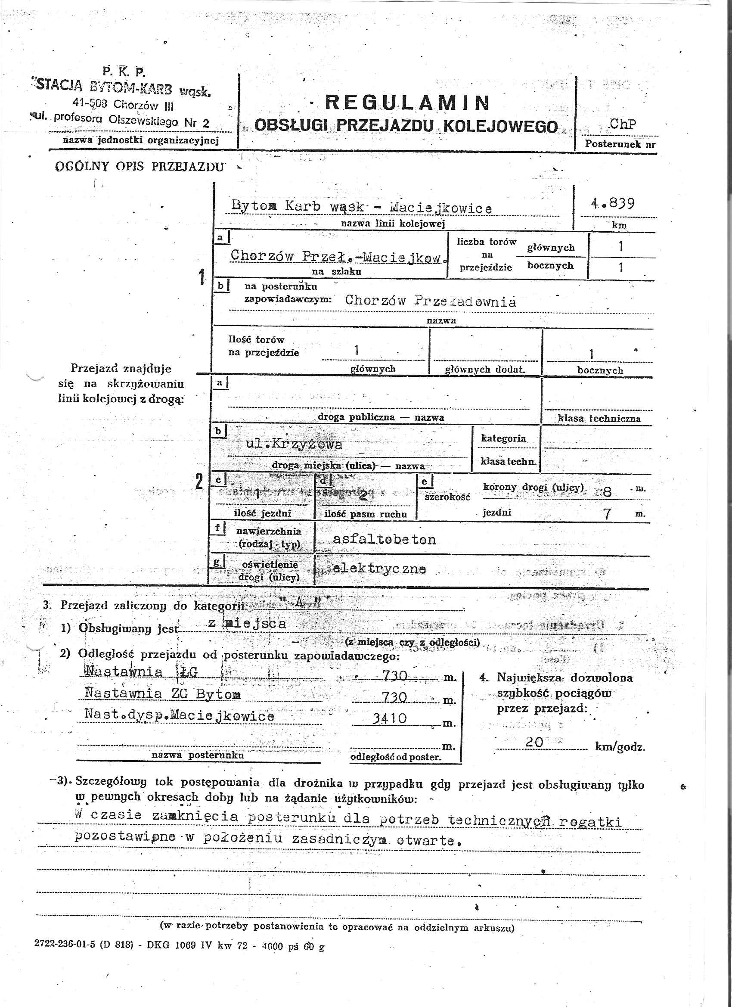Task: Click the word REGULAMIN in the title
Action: coord(407,103)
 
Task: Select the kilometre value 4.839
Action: coord(612,204)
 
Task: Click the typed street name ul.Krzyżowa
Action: coord(294,444)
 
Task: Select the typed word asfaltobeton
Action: coord(384,539)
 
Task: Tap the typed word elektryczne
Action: coord(378,569)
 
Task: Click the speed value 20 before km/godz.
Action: coord(534,742)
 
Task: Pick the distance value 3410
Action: coord(389,718)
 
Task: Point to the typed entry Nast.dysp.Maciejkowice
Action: coord(179,716)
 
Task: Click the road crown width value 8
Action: coord(607,491)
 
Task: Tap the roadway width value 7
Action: coord(607,514)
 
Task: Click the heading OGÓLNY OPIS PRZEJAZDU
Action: coord(140,167)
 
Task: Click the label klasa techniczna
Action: coord(599,418)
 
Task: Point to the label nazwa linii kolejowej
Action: coord(392,224)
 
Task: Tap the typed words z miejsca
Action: coord(247,623)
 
